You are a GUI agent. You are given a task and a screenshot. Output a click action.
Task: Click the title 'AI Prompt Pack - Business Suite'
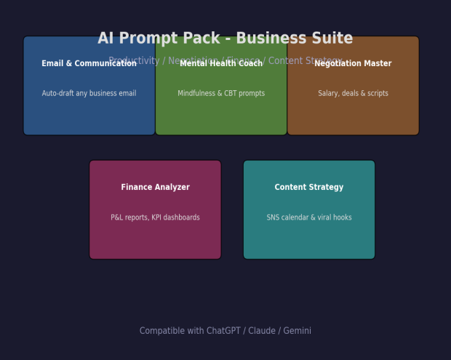coord(225,39)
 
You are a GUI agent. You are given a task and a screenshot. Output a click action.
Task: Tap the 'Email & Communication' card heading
coord(89,64)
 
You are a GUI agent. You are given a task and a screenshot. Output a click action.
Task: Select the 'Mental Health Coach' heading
coord(221,64)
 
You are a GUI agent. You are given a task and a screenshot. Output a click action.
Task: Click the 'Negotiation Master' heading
coord(353,64)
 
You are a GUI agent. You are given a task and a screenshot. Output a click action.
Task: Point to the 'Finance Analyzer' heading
coord(155,188)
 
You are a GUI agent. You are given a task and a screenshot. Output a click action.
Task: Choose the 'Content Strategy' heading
coord(309,188)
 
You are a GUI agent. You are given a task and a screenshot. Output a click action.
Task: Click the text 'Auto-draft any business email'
coord(89,94)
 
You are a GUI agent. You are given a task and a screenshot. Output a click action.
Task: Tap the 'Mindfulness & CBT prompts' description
coord(221,94)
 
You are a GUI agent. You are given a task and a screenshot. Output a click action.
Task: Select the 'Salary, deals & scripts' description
coord(353,94)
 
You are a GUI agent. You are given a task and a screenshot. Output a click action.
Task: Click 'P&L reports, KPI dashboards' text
coord(155,217)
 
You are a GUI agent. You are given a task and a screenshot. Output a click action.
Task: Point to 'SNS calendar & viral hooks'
coord(309,217)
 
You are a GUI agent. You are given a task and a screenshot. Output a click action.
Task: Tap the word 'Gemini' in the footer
coord(298,331)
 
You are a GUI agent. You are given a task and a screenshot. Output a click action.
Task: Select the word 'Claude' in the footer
coord(262,331)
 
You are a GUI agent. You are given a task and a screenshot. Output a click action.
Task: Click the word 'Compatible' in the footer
coord(160,331)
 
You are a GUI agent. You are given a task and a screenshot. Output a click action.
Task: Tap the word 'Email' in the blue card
coord(52,64)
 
